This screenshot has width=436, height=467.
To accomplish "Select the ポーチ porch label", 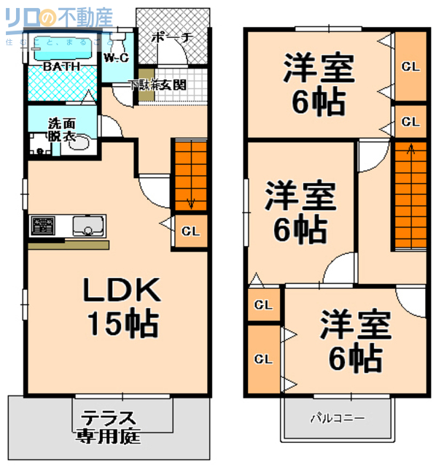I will coord(172,39).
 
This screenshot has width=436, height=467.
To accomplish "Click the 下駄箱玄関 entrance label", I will coord(158,85).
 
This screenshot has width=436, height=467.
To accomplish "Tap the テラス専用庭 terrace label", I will coord(109,428).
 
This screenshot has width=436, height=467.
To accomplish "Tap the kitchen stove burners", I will coord(42,225).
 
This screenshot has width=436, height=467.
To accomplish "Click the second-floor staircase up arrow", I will coord(410,151).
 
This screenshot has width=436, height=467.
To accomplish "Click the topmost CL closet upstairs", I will coord(410,66).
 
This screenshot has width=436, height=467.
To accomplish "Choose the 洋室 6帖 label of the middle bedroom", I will coord(299,212).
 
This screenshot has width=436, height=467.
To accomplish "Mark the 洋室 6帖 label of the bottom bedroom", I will coord(355,340).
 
